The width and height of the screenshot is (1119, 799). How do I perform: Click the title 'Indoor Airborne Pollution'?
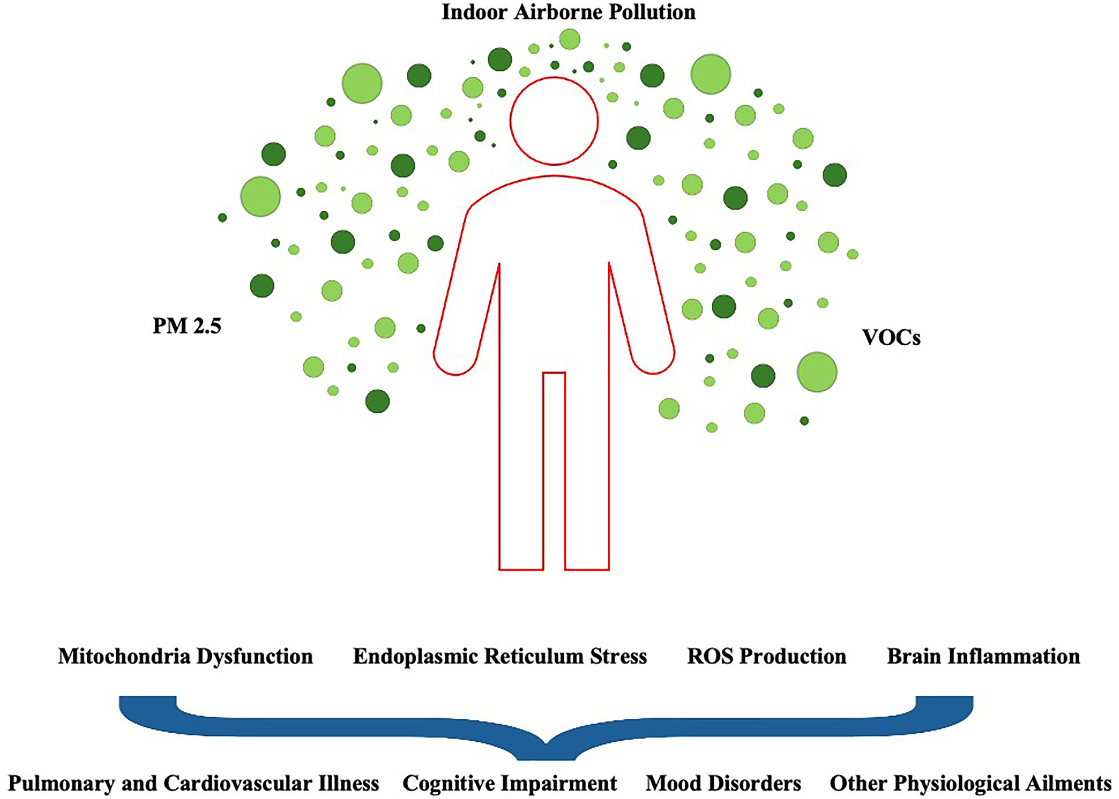pos(568,12)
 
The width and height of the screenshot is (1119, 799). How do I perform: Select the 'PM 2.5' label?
pos(187,326)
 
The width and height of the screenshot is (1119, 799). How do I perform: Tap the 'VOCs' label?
pos(891,338)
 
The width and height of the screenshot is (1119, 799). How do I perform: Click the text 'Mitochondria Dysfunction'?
pos(185,656)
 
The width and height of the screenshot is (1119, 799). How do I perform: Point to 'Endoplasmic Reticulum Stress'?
pos(500,656)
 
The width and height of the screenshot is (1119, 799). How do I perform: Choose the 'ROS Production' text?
pos(766,656)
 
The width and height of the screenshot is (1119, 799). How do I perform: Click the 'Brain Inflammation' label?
pos(983,656)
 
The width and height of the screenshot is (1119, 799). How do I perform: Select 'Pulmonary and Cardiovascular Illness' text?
pos(193,783)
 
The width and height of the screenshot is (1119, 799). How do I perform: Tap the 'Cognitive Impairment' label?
pos(509,783)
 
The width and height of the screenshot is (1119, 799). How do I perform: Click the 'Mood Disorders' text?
pos(723,783)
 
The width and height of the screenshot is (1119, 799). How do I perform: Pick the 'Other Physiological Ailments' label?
pos(970,783)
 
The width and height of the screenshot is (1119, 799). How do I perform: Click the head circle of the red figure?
pos(554,120)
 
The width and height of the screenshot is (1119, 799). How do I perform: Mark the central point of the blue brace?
pos(546,743)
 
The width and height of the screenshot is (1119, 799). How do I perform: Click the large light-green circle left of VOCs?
pos(816,372)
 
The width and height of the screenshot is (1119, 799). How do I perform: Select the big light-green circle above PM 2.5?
pos(260,197)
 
